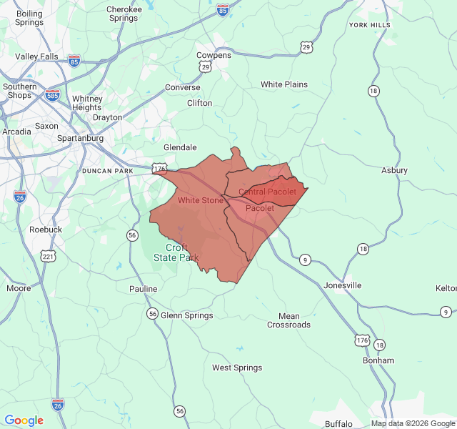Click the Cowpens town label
click(x=214, y=55)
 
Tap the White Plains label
click(x=283, y=84)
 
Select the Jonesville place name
click(x=343, y=285)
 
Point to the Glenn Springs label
click(x=186, y=315)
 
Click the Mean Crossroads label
click(x=289, y=320)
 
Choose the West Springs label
click(x=236, y=368)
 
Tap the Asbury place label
click(x=394, y=170)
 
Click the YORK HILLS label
click(x=370, y=25)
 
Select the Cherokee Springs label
click(x=123, y=14)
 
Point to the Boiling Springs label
click(x=29, y=18)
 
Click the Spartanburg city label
click(x=80, y=138)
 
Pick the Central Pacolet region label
click(x=267, y=192)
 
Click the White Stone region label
click(x=201, y=200)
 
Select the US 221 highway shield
click(x=48, y=256)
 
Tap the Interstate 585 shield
click(x=52, y=94)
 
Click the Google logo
click(x=24, y=420)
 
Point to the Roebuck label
click(x=46, y=230)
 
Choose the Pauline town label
click(x=143, y=289)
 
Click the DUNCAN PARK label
click(x=108, y=171)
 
